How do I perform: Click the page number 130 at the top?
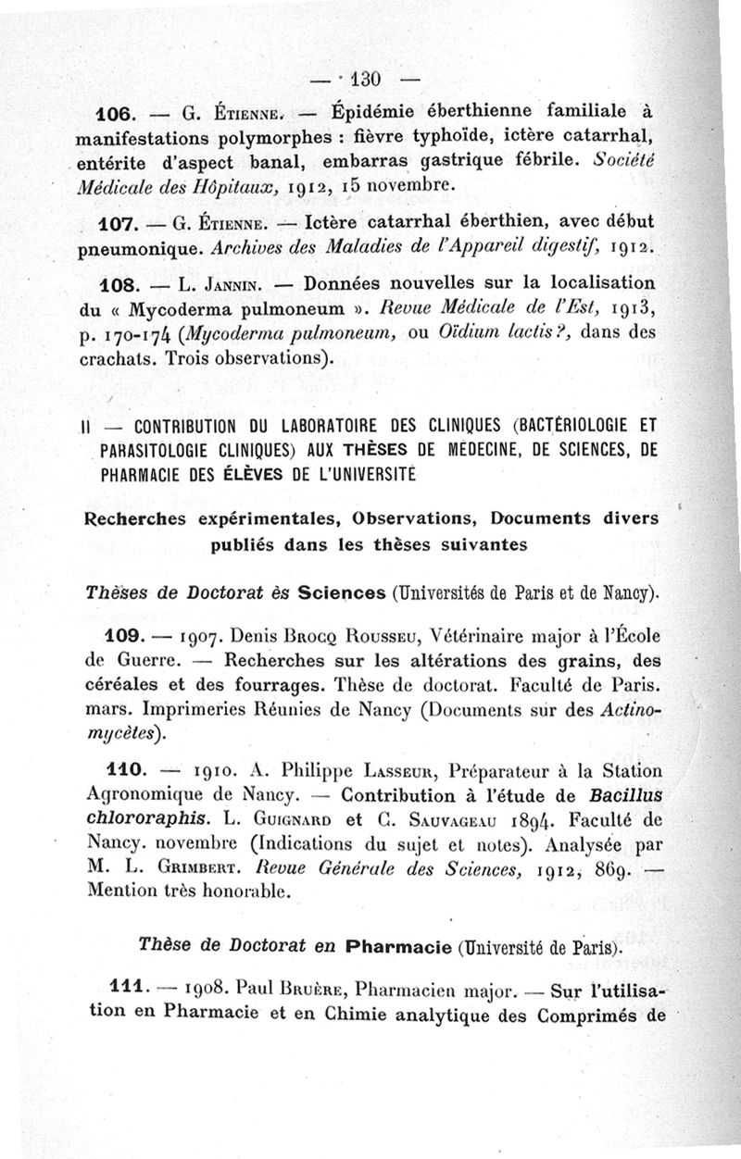[369, 75]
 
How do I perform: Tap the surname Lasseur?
[400, 770]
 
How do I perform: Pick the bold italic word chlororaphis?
[137, 819]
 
